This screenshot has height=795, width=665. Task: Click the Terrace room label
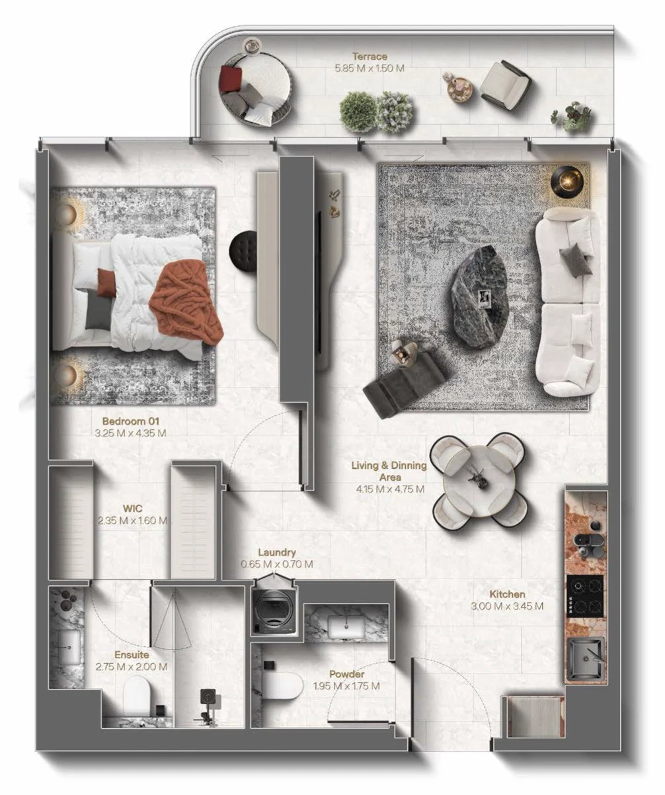pyautogui.click(x=370, y=56)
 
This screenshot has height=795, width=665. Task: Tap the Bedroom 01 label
pyautogui.click(x=130, y=421)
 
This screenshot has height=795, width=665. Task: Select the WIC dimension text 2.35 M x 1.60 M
pyautogui.click(x=132, y=520)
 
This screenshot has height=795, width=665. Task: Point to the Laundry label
pyautogui.click(x=277, y=553)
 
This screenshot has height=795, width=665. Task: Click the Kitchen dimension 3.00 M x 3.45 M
pyautogui.click(x=507, y=606)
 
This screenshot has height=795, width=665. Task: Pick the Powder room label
pyautogui.click(x=346, y=674)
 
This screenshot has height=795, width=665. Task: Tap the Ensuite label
pyautogui.click(x=132, y=655)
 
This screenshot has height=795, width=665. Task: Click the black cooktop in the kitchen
pyautogui.click(x=585, y=596)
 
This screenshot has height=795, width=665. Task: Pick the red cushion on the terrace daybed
pyautogui.click(x=231, y=78)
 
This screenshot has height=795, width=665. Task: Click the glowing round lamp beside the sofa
pyautogui.click(x=568, y=183)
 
